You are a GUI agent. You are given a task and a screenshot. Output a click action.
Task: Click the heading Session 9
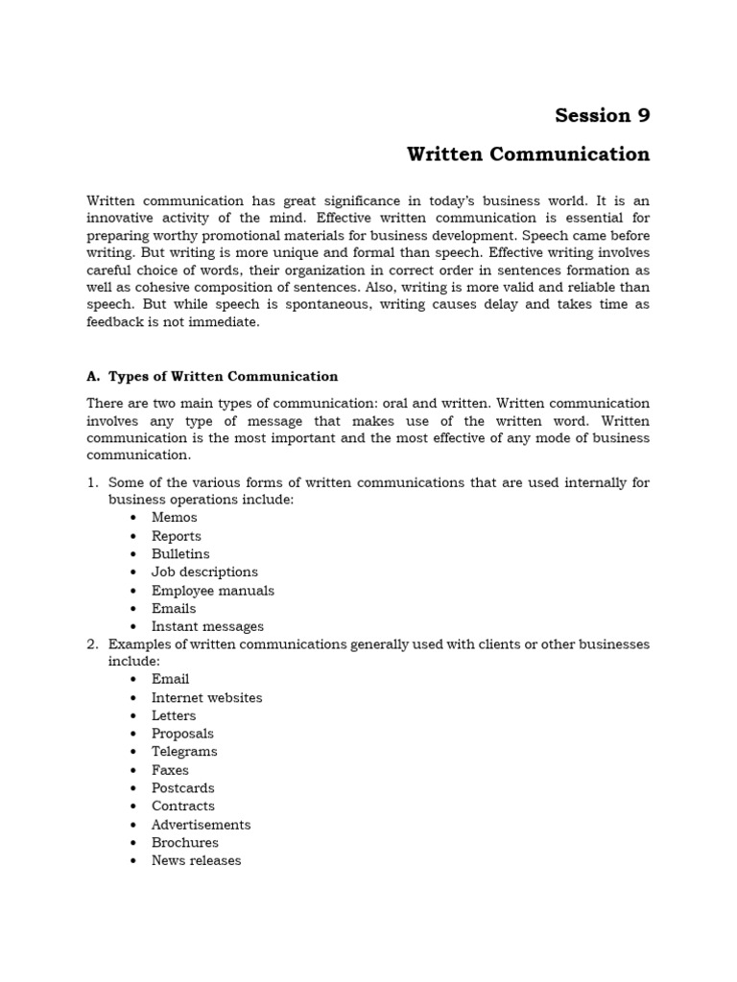(602, 116)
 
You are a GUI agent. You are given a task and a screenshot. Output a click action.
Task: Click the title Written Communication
(528, 154)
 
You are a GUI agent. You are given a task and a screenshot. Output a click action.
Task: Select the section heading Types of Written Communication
(223, 377)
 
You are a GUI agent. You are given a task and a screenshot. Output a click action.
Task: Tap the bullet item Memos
(174, 518)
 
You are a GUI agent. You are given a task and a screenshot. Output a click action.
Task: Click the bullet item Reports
(176, 536)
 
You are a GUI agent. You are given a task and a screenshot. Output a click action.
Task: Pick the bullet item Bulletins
(179, 554)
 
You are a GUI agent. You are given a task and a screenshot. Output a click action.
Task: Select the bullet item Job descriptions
(204, 573)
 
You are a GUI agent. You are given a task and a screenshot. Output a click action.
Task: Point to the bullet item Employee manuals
(212, 591)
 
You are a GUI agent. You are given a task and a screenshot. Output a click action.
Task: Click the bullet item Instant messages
(207, 627)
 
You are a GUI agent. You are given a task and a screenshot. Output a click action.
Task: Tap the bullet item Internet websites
(206, 698)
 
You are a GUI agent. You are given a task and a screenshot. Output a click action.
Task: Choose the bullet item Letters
(173, 716)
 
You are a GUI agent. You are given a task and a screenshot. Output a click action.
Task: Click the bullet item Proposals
(182, 735)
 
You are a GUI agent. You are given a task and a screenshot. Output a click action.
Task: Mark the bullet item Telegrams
(184, 752)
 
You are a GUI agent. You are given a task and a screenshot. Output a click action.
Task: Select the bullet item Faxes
(170, 770)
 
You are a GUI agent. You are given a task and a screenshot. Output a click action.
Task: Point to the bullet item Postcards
(182, 788)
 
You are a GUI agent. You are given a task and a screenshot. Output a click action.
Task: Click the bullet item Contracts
(182, 807)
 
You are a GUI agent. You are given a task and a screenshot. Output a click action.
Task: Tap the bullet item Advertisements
(201, 825)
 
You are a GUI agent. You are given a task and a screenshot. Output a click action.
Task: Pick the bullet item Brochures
(184, 843)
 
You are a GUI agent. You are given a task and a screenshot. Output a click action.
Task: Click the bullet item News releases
(196, 861)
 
